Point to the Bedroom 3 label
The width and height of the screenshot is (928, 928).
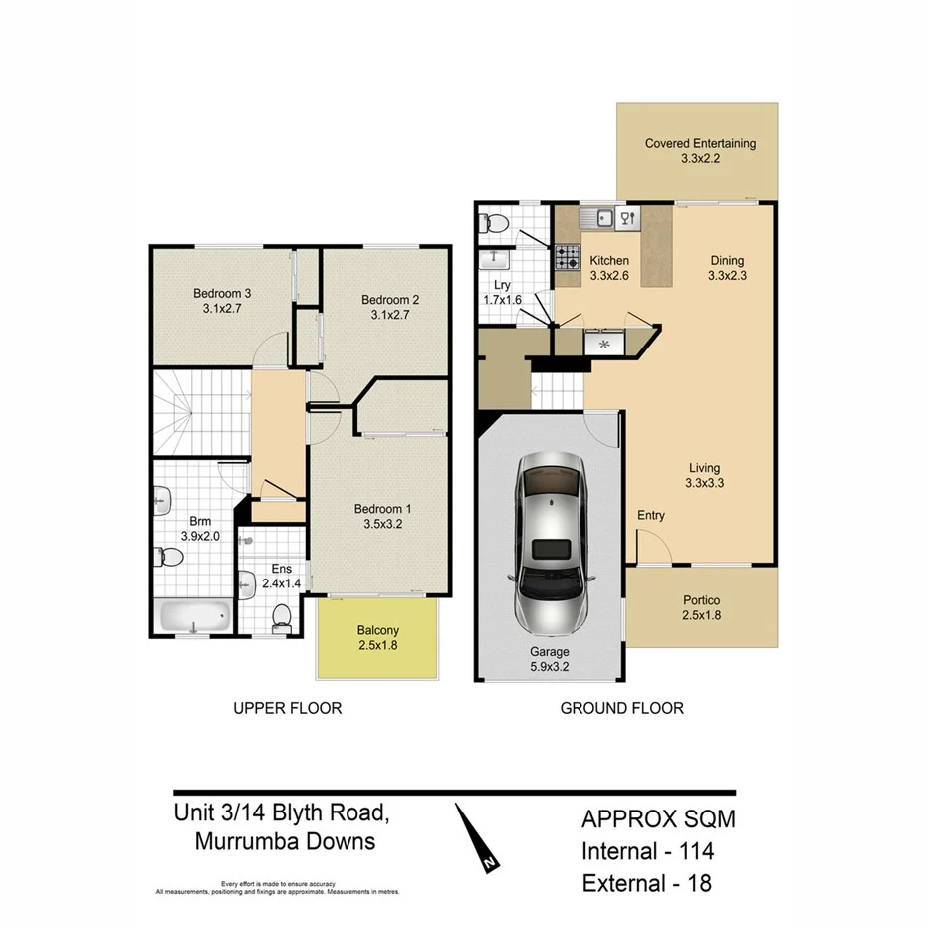coord(222,293)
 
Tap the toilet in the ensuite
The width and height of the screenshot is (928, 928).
coord(282,616)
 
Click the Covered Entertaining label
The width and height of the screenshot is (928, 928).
coord(700,143)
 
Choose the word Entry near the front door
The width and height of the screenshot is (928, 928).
coord(650,515)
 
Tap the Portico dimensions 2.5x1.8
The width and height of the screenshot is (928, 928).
coord(702,617)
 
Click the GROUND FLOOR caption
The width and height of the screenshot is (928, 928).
coord(621,709)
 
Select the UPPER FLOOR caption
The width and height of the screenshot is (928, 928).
coord(287,709)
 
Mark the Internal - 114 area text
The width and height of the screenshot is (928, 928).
coord(647,851)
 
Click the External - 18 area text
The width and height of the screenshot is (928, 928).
coord(646,882)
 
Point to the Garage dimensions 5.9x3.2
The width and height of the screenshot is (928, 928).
coord(549,668)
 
